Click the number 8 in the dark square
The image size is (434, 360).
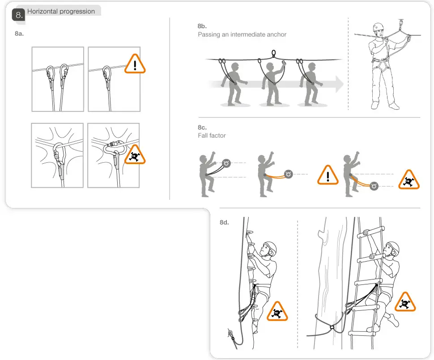[18, 15]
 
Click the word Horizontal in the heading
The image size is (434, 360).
[42, 11]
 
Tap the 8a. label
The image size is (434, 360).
[19, 34]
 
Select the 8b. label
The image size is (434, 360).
[202, 26]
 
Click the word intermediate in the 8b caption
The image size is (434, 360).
[251, 34]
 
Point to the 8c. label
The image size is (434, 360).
[202, 127]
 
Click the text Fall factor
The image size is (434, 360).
[212, 136]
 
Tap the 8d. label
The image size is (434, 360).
[224, 222]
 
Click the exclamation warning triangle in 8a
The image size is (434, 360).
[135, 64]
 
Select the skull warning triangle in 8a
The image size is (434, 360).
[135, 155]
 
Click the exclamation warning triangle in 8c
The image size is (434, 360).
[328, 175]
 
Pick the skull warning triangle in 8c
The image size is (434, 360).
[409, 180]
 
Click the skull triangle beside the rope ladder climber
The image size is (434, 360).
[405, 302]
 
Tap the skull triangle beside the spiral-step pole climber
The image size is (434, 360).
[277, 312]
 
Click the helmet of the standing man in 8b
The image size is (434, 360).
[379, 27]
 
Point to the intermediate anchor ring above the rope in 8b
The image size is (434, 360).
[273, 53]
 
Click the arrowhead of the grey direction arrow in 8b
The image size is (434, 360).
[339, 84]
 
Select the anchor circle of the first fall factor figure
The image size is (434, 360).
[226, 163]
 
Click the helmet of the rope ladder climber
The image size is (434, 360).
[393, 247]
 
